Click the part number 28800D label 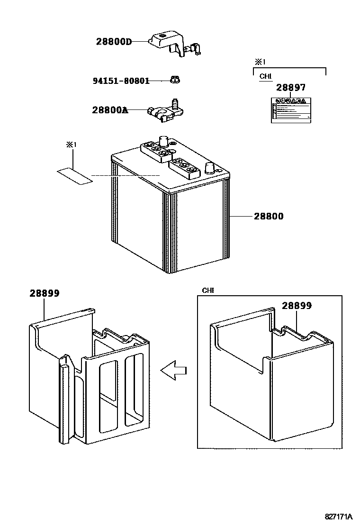point(113,42)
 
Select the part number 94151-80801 point(121,81)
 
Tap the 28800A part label point(110,110)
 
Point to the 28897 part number point(291,88)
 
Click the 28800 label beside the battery point(269,217)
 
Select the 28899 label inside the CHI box point(297,306)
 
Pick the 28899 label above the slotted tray point(45,293)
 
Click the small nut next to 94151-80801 point(175,80)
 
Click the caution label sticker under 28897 point(290,110)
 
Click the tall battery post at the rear point(164,141)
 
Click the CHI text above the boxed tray point(208,290)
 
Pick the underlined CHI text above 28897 point(265,76)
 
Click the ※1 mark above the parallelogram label point(71,144)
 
